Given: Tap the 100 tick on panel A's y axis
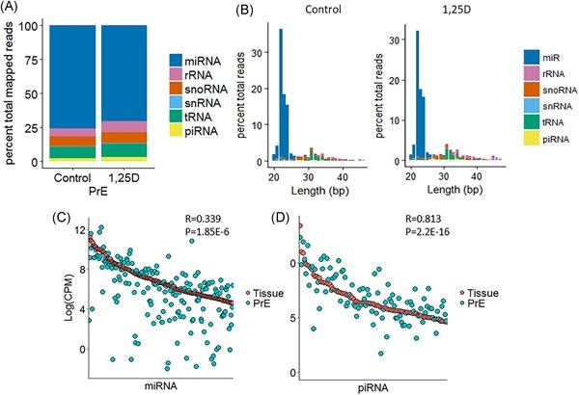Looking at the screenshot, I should point(36,26).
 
